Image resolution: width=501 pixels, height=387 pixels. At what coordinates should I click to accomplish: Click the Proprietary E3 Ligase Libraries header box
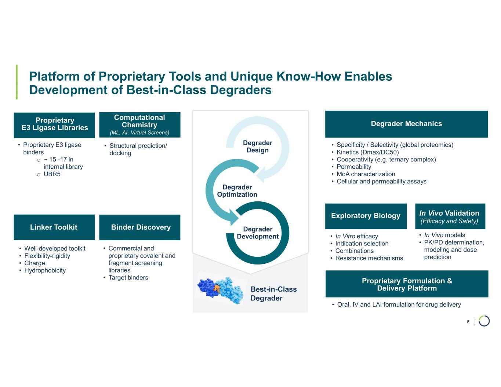[54, 125]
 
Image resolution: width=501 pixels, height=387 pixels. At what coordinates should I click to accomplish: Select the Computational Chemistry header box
[140, 125]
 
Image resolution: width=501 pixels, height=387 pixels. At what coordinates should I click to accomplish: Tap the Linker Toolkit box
[54, 227]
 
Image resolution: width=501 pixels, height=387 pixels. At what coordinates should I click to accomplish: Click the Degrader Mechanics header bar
[406, 124]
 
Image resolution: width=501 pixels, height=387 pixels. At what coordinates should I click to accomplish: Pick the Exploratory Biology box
[366, 216]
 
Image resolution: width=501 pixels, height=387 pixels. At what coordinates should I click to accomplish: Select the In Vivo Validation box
[450, 216]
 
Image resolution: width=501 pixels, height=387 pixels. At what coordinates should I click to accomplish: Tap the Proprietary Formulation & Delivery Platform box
[407, 284]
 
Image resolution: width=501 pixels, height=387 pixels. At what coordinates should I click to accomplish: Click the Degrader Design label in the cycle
[258, 146]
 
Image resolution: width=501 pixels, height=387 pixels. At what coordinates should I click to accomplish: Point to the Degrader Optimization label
[237, 191]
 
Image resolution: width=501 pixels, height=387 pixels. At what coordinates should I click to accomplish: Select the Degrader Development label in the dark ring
[258, 233]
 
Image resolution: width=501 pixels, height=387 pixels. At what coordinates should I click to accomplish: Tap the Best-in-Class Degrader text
[273, 293]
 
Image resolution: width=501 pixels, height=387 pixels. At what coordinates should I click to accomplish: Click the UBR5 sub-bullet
[52, 174]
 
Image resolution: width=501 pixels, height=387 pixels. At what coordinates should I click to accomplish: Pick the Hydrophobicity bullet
[45, 270]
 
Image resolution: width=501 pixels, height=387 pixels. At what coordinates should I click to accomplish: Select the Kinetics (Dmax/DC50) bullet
[367, 152]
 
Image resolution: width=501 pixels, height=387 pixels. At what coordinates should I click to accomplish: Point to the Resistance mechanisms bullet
[369, 258]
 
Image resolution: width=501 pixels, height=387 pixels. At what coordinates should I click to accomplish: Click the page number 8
[468, 322]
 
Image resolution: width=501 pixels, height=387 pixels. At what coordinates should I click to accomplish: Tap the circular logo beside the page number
[484, 321]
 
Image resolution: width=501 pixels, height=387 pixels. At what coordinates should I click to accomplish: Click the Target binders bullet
[128, 277]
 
